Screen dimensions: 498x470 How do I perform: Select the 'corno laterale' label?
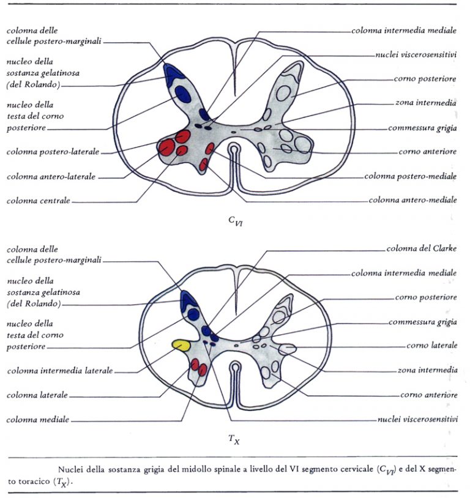[x=431, y=346]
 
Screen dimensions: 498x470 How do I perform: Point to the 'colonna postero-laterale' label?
[x=53, y=151]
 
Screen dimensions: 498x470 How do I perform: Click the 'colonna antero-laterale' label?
[x=51, y=176]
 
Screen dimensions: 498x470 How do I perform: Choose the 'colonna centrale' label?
[x=38, y=200]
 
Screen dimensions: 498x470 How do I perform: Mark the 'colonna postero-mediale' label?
[x=410, y=176]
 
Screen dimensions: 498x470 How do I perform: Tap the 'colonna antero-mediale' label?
[x=412, y=200]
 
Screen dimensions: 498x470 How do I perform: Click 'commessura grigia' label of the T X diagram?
[x=422, y=322]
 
